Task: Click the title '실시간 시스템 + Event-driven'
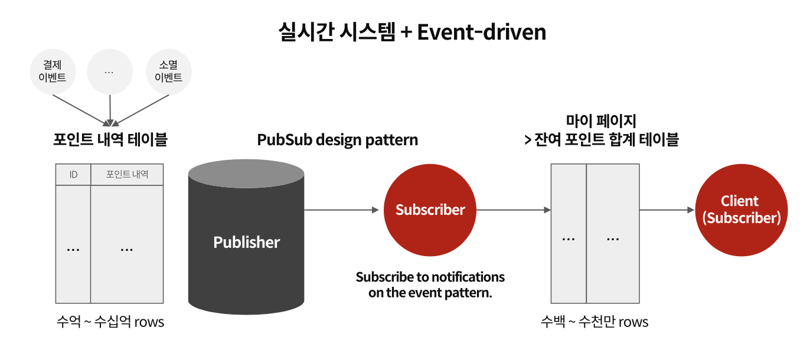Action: pyautogui.click(x=412, y=31)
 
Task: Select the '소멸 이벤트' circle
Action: pyautogui.click(x=168, y=71)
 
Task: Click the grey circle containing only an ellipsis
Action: pyautogui.click(x=109, y=71)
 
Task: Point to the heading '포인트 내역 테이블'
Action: pyautogui.click(x=110, y=140)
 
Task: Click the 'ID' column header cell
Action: pyautogui.click(x=73, y=175)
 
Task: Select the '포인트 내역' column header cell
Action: pyautogui.click(x=127, y=175)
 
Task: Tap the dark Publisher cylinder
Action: pyautogui.click(x=246, y=248)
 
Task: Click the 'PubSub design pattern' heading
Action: pyautogui.click(x=337, y=140)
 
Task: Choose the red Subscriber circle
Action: pyautogui.click(x=430, y=210)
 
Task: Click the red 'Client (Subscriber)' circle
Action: pyautogui.click(x=741, y=210)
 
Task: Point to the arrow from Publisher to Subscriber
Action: pyautogui.click(x=341, y=210)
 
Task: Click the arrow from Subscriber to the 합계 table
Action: pyautogui.click(x=512, y=210)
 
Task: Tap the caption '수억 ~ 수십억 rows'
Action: pyautogui.click(x=110, y=322)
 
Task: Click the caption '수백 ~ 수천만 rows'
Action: pyautogui.click(x=595, y=322)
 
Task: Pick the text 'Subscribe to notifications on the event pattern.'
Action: pyautogui.click(x=430, y=284)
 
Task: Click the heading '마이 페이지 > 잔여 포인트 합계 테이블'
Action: pyautogui.click(x=601, y=131)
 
